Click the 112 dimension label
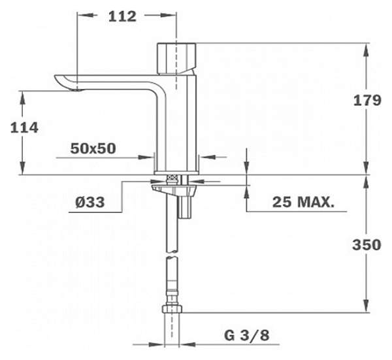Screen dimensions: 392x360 pos(122,16)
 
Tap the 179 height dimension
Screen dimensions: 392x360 pos(367,101)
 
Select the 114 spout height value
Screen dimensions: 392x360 pos(24,127)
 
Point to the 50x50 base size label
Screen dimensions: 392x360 pos(93,148)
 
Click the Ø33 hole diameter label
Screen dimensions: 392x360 pos(90,202)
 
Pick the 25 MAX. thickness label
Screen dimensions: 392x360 pos(303,202)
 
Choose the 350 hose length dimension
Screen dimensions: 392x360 pos(367,244)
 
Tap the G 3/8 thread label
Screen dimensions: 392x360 pos(247,335)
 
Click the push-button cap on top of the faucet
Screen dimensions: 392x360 pos(176,59)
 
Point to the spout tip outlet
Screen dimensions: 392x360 pos(77,90)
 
